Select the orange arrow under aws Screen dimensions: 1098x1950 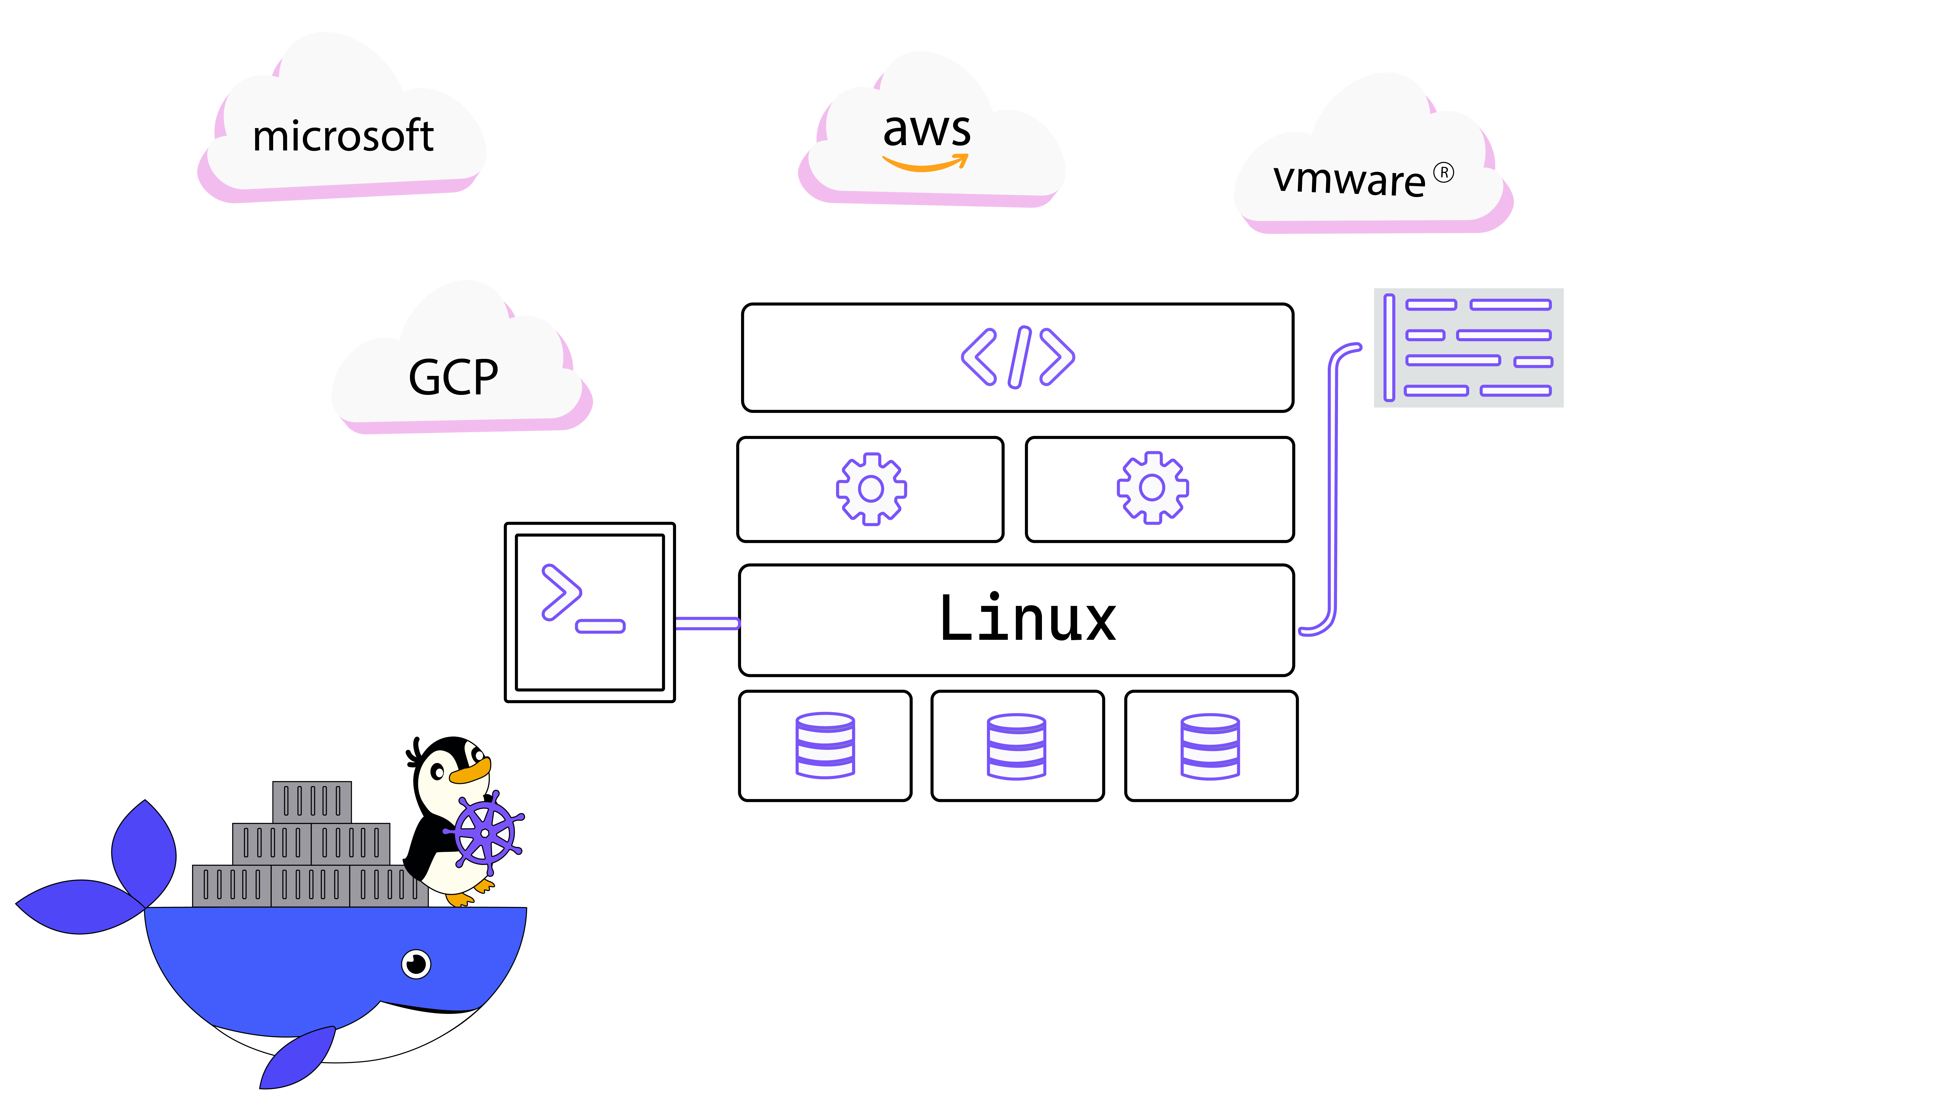tap(925, 164)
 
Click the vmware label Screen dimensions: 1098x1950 tap(1349, 180)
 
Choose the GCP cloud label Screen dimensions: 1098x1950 tap(454, 377)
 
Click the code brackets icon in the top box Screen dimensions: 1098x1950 tap(1017, 357)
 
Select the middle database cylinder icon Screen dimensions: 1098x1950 tap(1017, 746)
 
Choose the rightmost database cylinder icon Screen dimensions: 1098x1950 tap(1210, 746)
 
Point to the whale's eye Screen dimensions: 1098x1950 tap(416, 964)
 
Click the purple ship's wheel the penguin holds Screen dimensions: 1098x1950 tap(484, 833)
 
